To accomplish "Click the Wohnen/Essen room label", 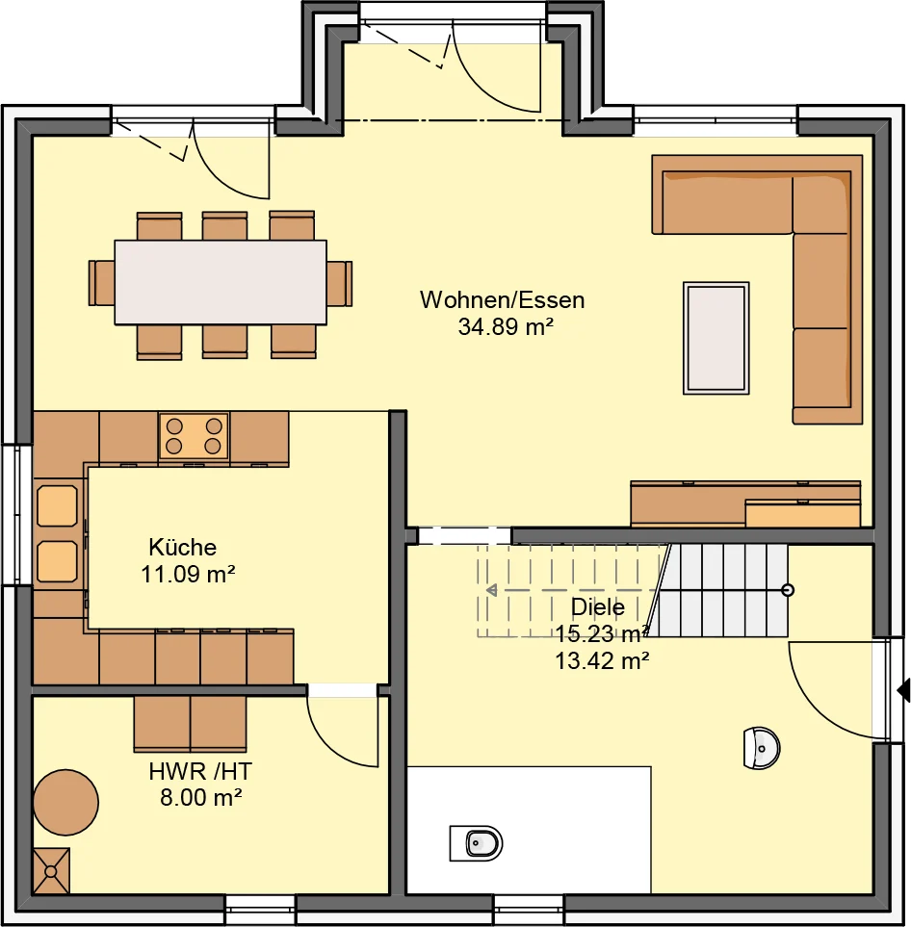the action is click(503, 300).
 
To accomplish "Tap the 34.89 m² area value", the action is click(506, 326).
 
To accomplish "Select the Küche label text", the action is click(183, 547).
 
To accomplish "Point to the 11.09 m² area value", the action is click(188, 574).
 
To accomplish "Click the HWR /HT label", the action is click(200, 771).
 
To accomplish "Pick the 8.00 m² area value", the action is click(201, 797).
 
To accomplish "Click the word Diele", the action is click(597, 607).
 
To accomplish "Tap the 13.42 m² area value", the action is click(602, 660).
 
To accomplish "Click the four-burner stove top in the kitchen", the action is click(194, 436).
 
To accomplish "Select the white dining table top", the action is click(221, 282).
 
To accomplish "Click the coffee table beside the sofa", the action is click(716, 338).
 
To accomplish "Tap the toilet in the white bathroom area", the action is click(476, 843).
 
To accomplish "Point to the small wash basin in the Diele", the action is click(762, 749).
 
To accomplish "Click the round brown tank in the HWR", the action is click(65, 802).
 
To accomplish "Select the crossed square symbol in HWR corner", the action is click(51, 871).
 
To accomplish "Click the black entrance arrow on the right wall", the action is click(904, 690).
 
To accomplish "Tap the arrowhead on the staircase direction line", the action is click(491, 590).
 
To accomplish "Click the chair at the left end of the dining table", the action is click(101, 283).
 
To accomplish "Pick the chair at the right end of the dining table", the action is click(340, 283).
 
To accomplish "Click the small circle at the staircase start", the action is click(788, 590).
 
